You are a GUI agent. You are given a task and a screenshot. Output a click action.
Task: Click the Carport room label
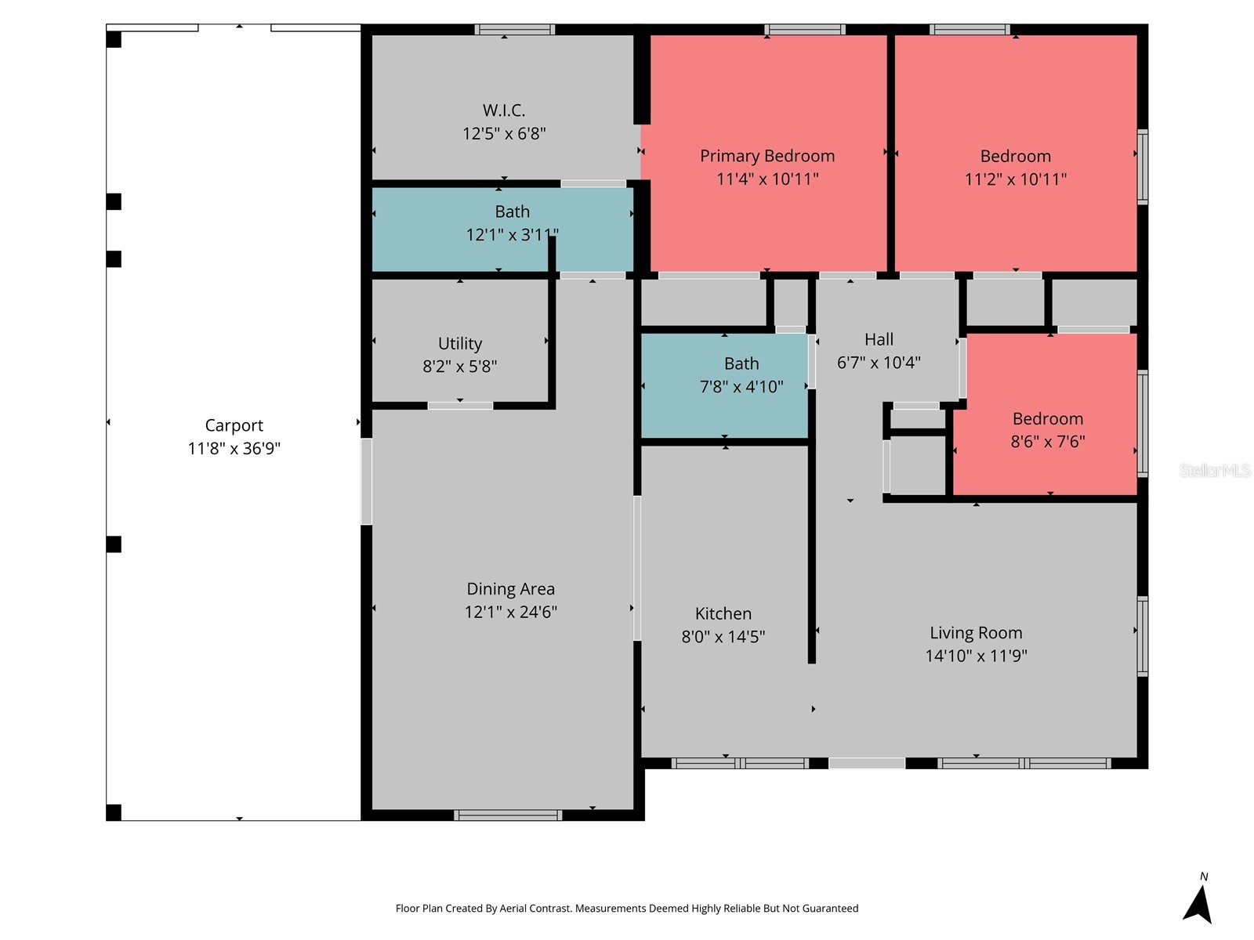pos(234,425)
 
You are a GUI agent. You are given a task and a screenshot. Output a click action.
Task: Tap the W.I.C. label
pos(503,110)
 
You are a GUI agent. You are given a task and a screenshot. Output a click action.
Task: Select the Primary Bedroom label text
pos(767,156)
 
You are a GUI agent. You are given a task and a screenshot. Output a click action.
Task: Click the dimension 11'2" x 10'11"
pos(1015,179)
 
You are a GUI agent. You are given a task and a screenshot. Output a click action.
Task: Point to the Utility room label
pos(460,344)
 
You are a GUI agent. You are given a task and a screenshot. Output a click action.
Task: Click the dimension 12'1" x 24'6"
pos(510,612)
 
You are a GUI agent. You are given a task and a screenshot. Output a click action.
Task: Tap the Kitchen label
pos(723,613)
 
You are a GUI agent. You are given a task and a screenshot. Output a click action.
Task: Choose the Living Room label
pos(976,632)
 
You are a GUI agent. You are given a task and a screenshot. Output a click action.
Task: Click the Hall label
pos(878,340)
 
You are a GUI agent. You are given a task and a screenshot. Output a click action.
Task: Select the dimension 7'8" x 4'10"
pos(741,387)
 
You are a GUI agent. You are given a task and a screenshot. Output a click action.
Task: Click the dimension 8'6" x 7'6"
pos(1047,442)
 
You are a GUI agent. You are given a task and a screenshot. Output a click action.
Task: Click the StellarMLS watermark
pos(1215,470)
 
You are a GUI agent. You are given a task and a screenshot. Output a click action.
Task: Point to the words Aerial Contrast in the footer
pos(535,908)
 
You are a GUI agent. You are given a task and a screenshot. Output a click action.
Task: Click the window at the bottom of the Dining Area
pos(507,815)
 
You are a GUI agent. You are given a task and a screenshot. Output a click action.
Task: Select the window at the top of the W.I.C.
pos(514,30)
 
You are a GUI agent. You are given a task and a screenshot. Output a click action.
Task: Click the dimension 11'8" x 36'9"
pos(234,449)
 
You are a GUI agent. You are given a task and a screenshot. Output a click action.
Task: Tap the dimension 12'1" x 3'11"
pos(512,234)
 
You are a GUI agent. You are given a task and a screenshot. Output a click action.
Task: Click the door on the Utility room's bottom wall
pos(460,406)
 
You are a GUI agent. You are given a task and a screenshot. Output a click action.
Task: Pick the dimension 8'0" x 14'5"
pos(723,637)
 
